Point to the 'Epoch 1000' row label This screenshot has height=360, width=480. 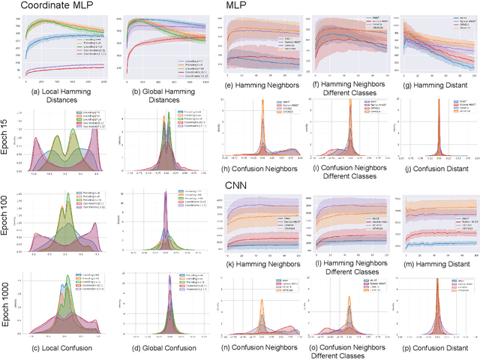click(7, 298)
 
